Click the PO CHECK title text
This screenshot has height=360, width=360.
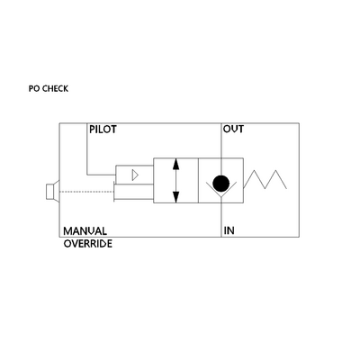49,89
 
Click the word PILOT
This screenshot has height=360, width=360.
103,130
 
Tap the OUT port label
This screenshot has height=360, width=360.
233,130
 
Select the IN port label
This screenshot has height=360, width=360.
229,230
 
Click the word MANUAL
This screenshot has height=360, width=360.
85,231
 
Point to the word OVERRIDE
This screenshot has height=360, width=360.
88,244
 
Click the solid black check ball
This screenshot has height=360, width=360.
221,184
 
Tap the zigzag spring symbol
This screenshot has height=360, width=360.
265,179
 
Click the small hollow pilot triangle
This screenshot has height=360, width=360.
135,175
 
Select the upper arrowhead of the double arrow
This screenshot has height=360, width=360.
176,165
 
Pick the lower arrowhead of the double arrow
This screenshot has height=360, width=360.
176,197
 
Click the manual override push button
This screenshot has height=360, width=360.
52,192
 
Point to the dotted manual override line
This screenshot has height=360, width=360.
86,191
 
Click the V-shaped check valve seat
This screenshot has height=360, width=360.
221,189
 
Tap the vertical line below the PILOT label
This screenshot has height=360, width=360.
87,149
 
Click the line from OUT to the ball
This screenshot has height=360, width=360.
221,149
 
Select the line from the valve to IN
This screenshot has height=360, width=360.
221,217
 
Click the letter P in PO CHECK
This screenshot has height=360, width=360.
31,89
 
